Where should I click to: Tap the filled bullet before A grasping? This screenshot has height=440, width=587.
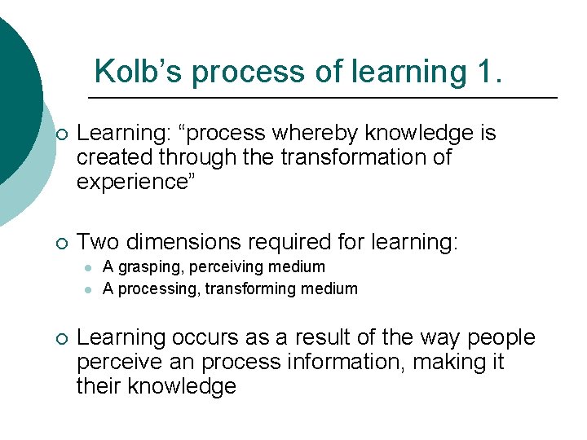86,267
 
